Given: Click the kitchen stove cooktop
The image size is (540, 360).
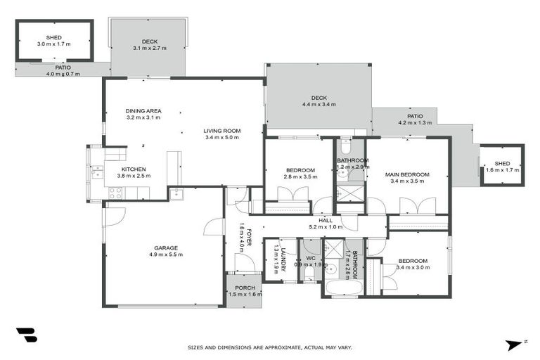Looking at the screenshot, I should (115, 193).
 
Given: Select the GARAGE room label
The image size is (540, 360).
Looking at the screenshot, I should (166, 247).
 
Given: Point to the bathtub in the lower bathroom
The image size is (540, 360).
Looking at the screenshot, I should (342, 289).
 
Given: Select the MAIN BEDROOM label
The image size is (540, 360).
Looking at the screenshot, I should (406, 174).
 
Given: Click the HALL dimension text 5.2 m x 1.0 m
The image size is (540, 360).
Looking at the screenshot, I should (326, 227).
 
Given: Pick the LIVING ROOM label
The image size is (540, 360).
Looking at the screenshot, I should (223, 130).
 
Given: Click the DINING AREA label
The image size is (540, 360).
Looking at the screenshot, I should (143, 110).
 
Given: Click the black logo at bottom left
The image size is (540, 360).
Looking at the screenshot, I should (26, 335).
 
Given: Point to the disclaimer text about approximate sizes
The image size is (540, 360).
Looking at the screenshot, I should (269, 347).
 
